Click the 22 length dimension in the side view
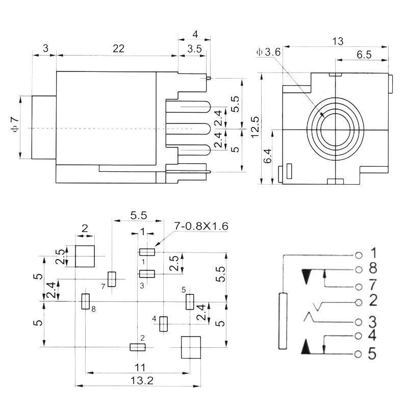(118, 48)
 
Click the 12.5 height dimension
(255, 127)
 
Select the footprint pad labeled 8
(86, 301)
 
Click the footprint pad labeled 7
(112, 279)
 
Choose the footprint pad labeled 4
(164, 324)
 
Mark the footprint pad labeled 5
(190, 301)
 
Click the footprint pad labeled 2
(138, 347)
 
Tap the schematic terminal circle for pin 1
(359, 254)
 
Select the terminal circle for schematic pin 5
(359, 353)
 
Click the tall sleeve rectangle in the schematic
(282, 321)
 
